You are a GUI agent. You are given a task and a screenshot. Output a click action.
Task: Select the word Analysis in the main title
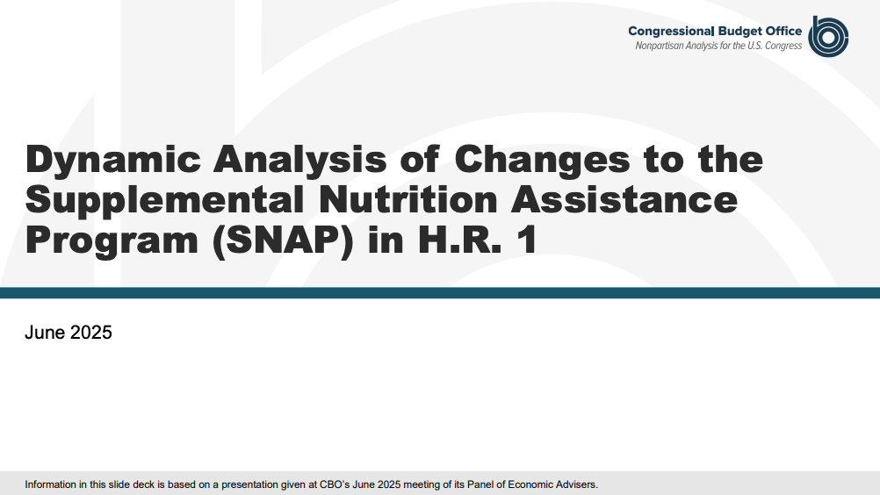pyautogui.click(x=299, y=159)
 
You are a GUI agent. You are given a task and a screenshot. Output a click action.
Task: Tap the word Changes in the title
pyautogui.click(x=542, y=159)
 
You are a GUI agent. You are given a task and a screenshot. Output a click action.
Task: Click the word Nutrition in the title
pyautogui.click(x=408, y=199)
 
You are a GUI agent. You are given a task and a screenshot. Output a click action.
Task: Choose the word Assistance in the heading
pyautogui.click(x=624, y=199)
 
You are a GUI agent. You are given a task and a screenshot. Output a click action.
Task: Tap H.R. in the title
pyautogui.click(x=459, y=240)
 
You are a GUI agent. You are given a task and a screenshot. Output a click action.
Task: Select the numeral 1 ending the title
pyautogui.click(x=527, y=240)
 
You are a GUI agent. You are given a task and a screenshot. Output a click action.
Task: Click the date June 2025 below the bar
pyautogui.click(x=69, y=333)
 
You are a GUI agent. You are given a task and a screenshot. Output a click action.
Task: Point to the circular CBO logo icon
pyautogui.click(x=828, y=37)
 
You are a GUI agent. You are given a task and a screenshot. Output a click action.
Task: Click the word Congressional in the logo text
pyautogui.click(x=671, y=32)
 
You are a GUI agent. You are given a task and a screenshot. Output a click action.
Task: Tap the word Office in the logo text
pyautogui.click(x=782, y=31)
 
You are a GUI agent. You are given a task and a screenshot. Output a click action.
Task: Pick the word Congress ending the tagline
pyautogui.click(x=783, y=46)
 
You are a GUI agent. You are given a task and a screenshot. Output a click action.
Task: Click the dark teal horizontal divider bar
pyautogui.click(x=440, y=292)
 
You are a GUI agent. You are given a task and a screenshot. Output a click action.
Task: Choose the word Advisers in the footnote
pyautogui.click(x=579, y=484)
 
